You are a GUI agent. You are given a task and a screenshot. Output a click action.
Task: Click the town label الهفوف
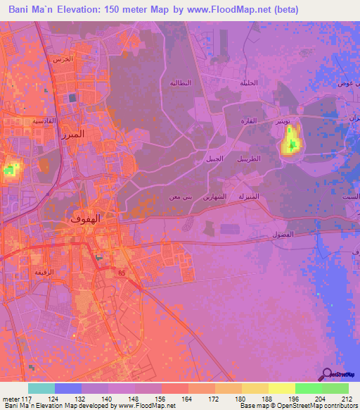[86, 219]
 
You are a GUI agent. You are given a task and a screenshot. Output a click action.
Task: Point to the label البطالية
[180, 83]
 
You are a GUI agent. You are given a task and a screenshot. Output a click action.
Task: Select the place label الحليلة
[248, 83]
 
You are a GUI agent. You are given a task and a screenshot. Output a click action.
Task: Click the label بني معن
[179, 198]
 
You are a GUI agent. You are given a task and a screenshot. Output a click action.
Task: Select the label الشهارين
[214, 198]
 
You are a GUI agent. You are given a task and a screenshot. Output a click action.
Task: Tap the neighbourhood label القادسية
[27, 121]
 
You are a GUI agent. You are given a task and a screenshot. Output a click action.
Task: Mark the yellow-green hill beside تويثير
[290, 140]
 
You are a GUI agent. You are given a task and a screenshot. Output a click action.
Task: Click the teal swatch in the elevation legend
[41, 388]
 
